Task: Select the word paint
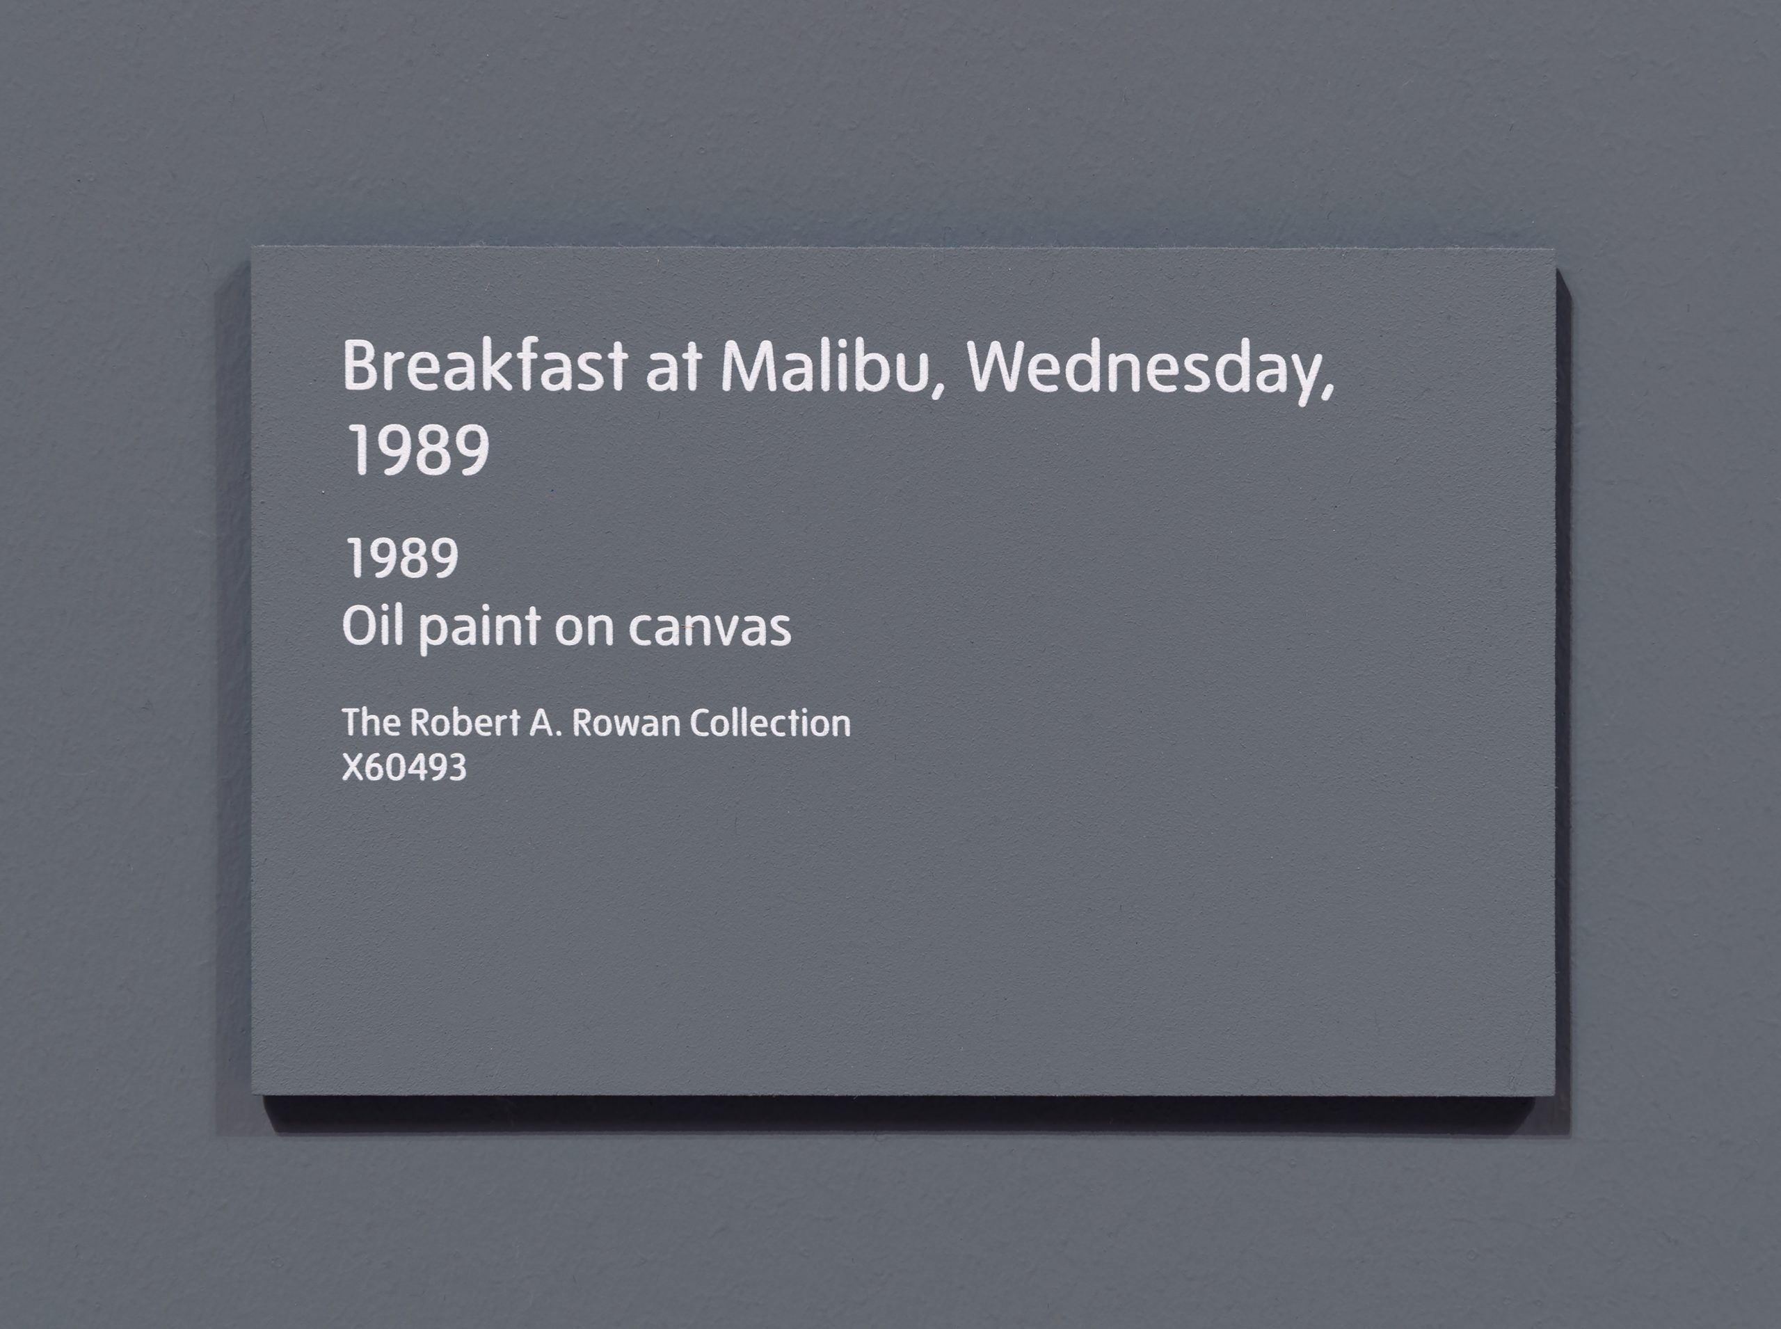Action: click(479, 630)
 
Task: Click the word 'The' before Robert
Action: click(372, 722)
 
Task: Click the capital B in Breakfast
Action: click(361, 366)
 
